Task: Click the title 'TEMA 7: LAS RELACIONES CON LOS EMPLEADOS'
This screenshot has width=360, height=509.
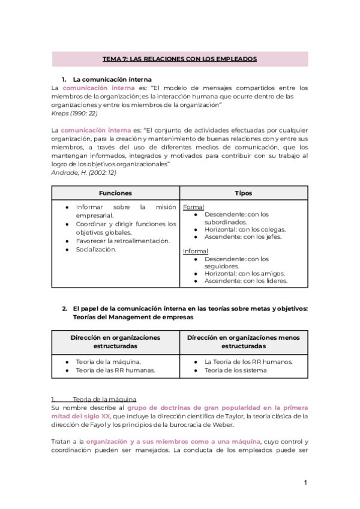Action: [180, 59]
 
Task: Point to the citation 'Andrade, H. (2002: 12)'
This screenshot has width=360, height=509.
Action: [84, 173]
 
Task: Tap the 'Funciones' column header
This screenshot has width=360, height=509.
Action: [115, 193]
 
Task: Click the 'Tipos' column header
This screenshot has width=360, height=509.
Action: [244, 193]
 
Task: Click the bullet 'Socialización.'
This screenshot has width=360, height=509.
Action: [96, 249]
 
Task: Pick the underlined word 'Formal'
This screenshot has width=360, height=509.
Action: [193, 207]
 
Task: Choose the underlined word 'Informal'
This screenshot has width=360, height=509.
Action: [196, 251]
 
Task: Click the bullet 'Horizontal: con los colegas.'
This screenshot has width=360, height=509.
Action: [245, 229]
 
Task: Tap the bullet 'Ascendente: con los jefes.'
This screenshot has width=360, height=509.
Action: [243, 236]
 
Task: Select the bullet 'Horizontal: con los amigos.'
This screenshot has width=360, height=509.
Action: [245, 273]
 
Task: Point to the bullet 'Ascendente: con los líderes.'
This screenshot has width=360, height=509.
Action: [245, 280]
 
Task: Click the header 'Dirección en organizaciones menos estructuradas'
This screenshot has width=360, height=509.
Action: [244, 342]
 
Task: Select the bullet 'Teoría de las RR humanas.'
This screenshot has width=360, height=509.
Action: [115, 370]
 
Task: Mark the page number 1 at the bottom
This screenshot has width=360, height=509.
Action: [305, 483]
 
